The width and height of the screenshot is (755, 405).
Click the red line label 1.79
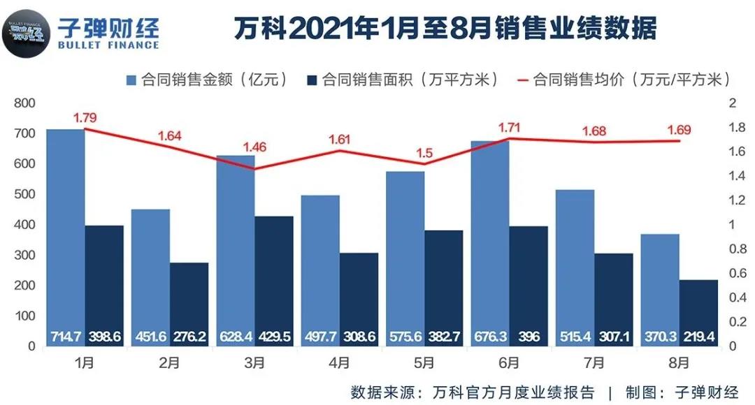[85, 117]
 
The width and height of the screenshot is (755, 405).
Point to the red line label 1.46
[255, 147]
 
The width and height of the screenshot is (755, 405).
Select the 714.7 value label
[65, 337]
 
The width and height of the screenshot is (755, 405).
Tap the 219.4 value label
[698, 337]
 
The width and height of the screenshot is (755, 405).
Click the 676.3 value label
[490, 337]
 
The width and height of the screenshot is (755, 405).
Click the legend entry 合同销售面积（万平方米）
[404, 80]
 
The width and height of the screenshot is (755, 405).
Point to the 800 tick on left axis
[25, 103]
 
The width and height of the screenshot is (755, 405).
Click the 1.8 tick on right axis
[736, 128]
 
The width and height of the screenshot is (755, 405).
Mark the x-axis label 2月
[170, 363]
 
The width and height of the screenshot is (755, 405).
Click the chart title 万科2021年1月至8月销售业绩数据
[445, 30]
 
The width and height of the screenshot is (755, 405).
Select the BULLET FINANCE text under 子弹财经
[110, 45]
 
